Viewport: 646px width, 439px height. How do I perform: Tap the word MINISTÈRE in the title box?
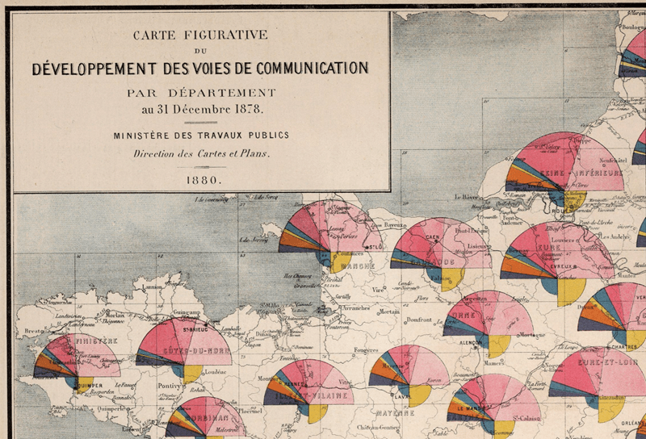coord(145,136)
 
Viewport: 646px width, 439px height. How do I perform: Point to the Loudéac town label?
coord(212,373)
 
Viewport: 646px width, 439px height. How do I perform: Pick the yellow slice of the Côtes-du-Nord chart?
coord(191,372)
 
